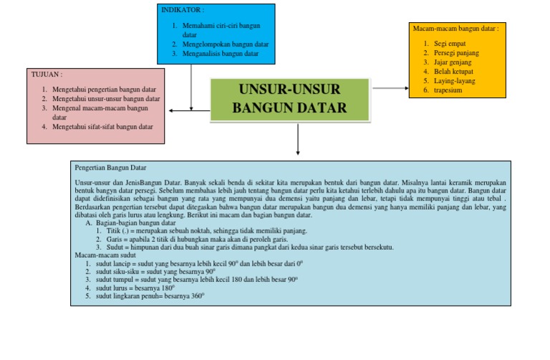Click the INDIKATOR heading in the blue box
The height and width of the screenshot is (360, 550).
coord(182,11)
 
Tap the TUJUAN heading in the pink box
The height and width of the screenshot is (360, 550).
coord(47,74)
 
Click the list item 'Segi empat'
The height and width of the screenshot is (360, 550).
coord(449,44)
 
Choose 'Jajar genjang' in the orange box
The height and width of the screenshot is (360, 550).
coord(453,62)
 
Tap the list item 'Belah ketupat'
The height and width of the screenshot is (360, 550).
coord(453,72)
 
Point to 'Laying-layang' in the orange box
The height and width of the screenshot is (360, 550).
coord(454,81)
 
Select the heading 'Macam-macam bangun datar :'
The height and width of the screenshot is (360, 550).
coord(455,28)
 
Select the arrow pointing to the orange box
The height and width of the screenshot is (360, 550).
coord(390,88)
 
